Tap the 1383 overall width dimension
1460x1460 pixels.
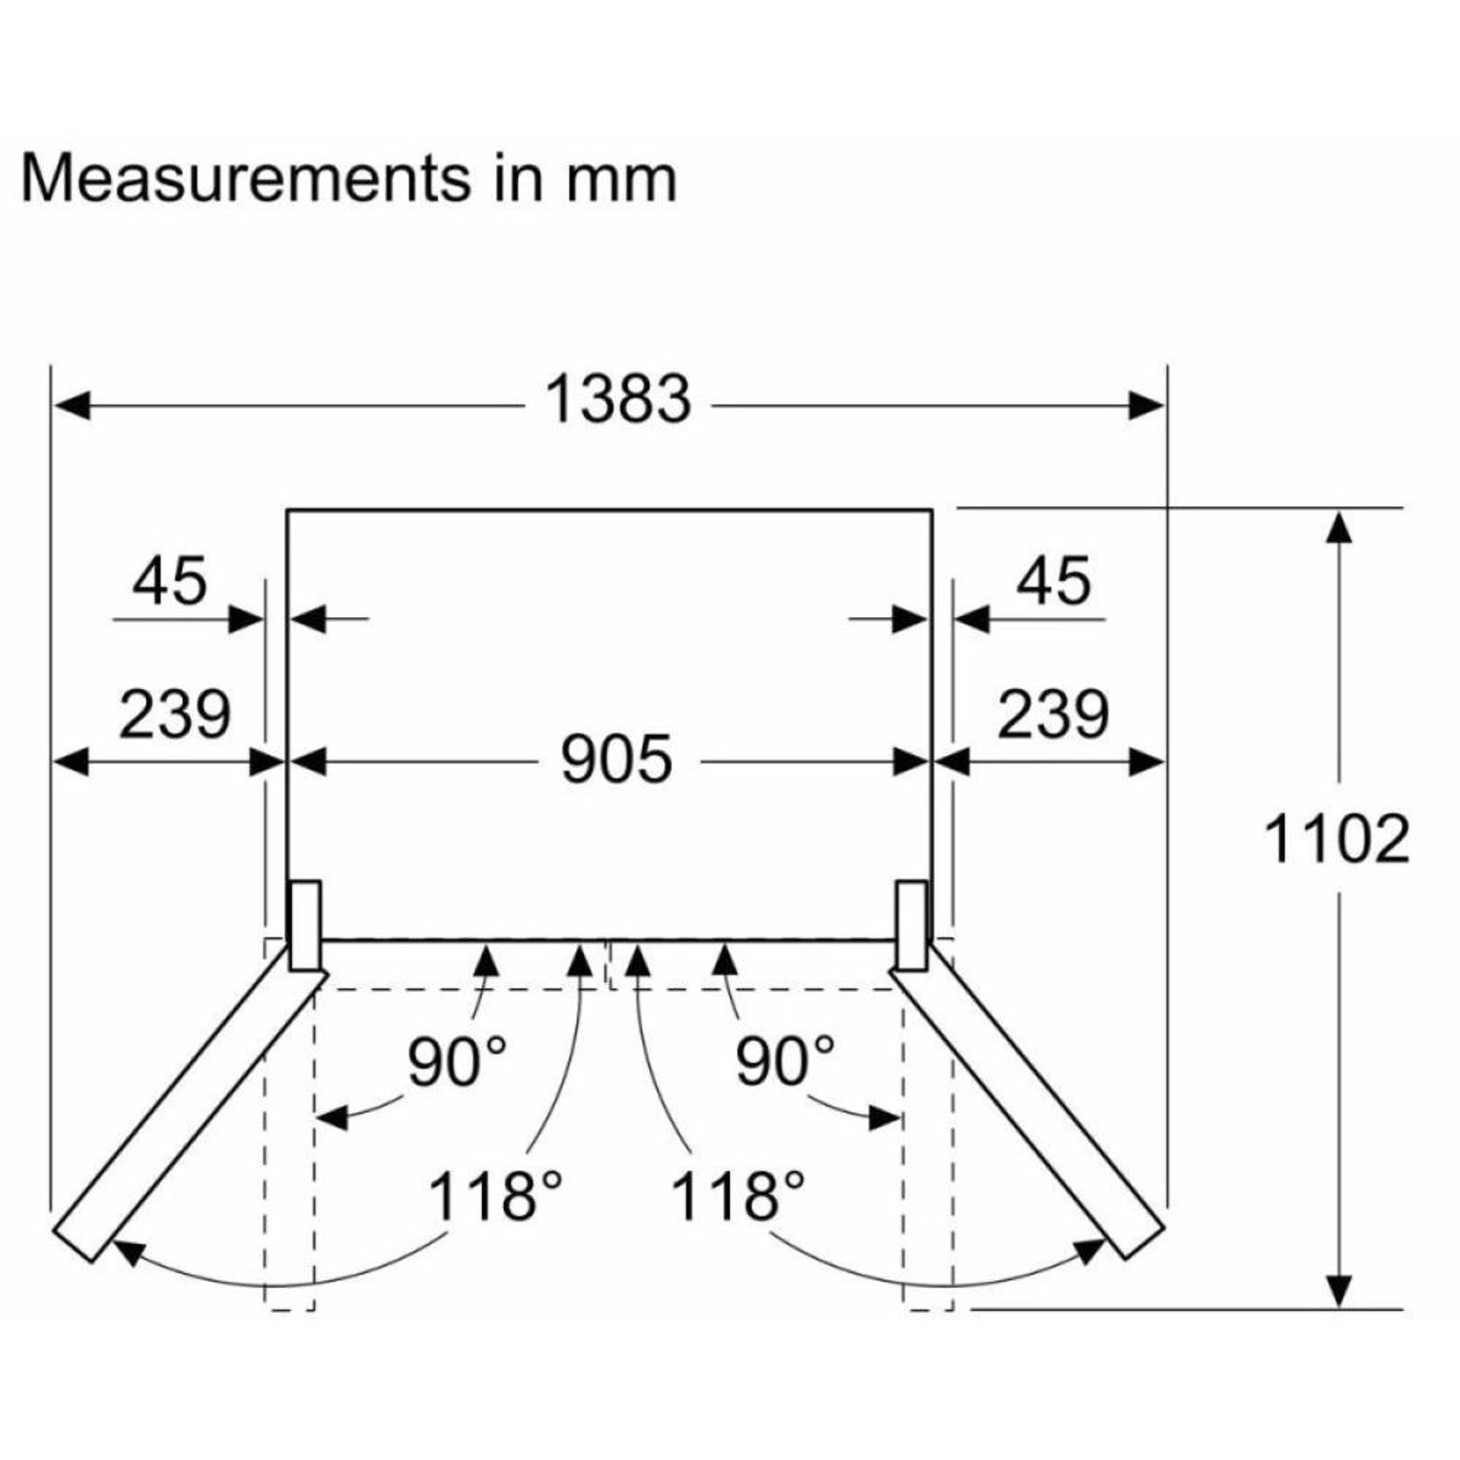[619, 400]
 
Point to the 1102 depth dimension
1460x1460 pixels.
[1336, 839]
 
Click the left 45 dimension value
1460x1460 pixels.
[169, 581]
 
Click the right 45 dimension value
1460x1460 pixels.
[1054, 581]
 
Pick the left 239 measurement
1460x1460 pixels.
[174, 713]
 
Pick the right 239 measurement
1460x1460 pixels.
[1053, 713]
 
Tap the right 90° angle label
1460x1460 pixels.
[785, 1061]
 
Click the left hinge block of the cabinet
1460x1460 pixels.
[305, 925]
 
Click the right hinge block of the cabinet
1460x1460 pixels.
[912, 925]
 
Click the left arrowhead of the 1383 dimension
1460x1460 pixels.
[70, 404]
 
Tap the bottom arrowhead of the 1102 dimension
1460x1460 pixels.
[1340, 1291]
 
